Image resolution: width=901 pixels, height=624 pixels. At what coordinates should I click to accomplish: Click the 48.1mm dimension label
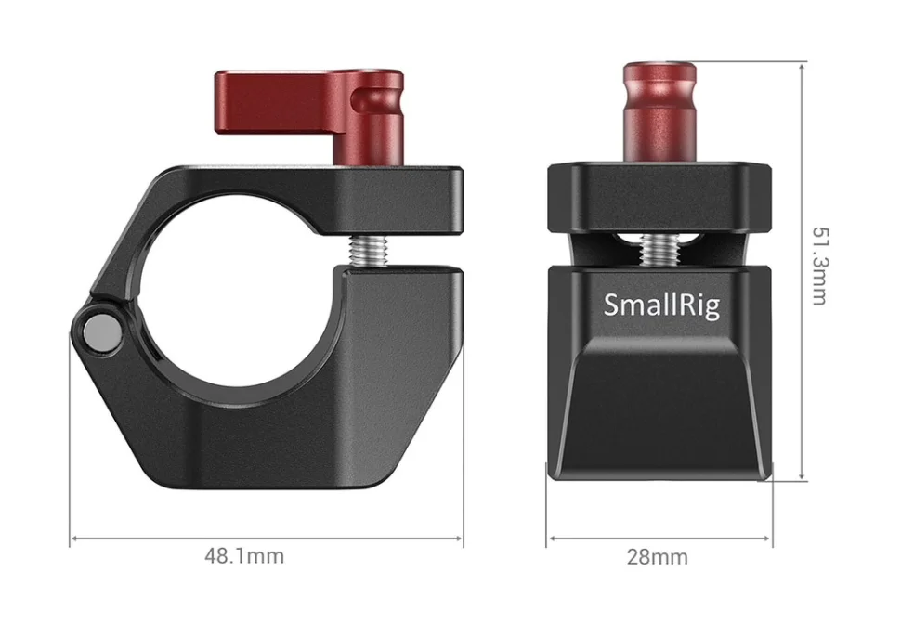tap(244, 556)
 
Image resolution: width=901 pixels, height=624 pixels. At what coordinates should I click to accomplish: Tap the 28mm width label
tap(657, 557)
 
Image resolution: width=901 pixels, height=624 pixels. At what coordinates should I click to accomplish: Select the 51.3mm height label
tap(819, 266)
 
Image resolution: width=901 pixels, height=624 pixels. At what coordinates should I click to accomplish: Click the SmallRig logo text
tap(661, 305)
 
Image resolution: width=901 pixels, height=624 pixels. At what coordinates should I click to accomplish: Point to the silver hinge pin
tap(103, 333)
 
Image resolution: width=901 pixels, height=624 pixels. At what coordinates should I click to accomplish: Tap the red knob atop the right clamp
tap(659, 112)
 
